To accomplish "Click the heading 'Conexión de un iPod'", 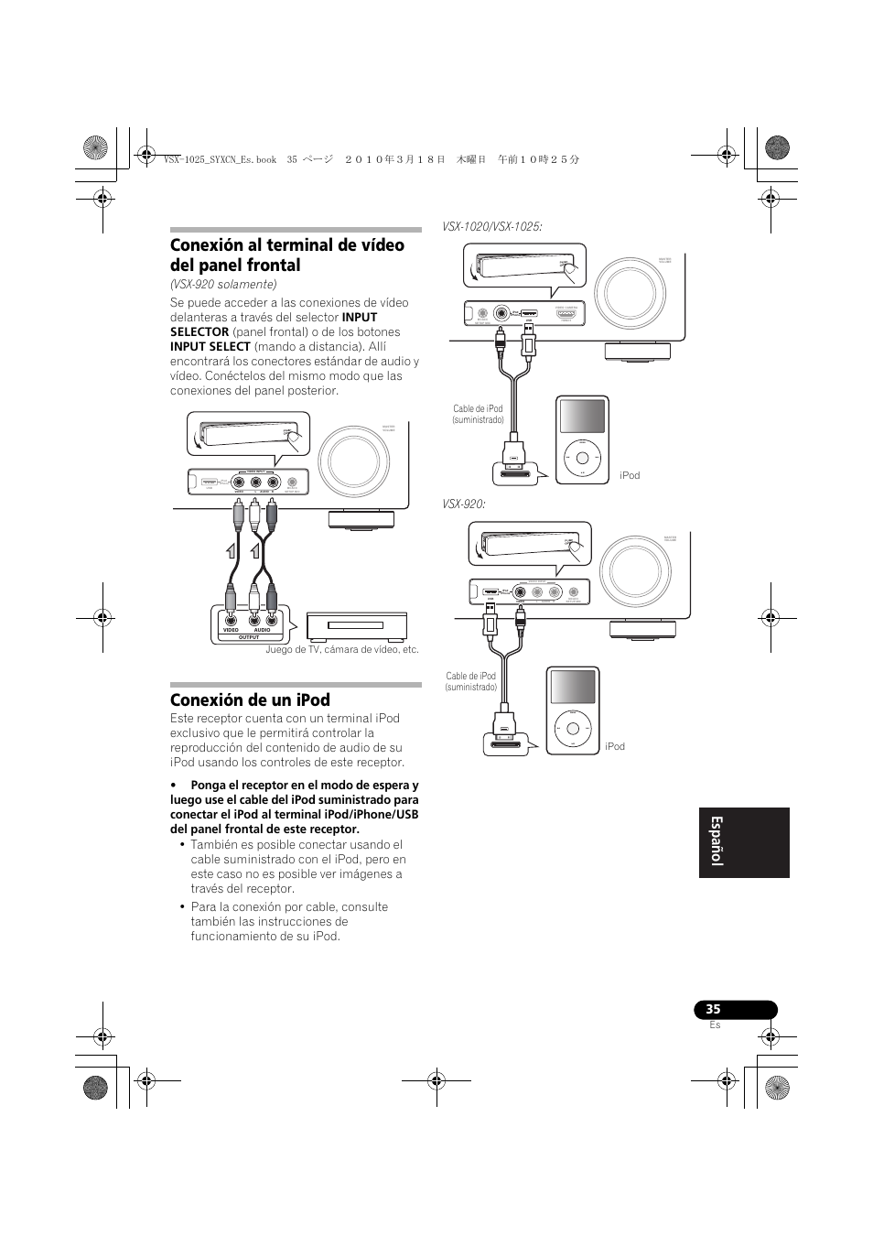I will point(250,700).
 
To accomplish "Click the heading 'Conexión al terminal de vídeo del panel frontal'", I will point(286,255).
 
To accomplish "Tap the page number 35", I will point(714,1009).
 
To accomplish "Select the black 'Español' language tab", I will point(743,842).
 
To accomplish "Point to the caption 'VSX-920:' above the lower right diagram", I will point(463,504).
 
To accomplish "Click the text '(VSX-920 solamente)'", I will point(223,285).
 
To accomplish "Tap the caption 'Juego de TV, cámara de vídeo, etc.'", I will point(342,650).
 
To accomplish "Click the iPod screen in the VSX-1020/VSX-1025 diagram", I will point(582,416).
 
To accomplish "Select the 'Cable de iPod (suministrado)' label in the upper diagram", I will point(478,415).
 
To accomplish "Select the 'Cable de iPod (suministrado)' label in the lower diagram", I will point(471,682).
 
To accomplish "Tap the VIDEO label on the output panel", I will point(231,630).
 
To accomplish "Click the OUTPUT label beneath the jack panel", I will point(249,637).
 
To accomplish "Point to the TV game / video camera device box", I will point(357,627).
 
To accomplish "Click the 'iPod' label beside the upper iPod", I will point(630,476).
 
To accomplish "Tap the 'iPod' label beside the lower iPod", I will point(615,747).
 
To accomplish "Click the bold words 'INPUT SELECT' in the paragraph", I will point(210,347).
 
